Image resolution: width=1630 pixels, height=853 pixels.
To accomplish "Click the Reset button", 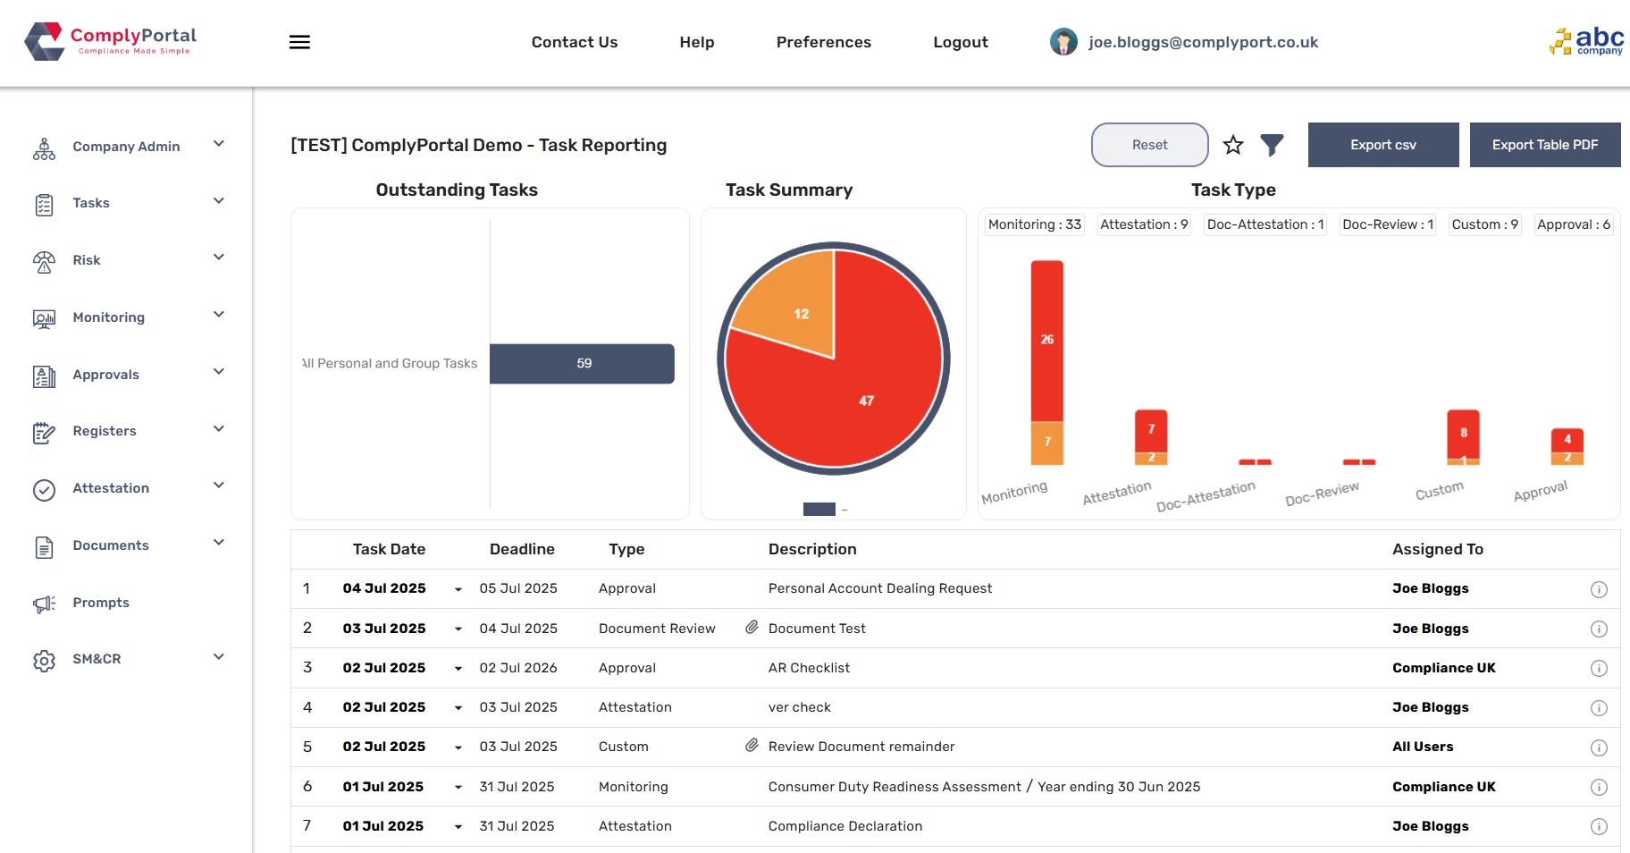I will pos(1149,145).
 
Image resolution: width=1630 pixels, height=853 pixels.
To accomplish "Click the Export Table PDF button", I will pos(1544,145).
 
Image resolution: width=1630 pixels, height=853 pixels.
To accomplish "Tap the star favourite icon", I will pos(1233,145).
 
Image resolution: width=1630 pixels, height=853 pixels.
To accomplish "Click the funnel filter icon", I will pos(1272,145).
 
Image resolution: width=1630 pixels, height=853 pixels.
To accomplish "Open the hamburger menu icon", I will pos(299,42).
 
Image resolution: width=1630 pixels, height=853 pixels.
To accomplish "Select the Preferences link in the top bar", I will pos(823,42).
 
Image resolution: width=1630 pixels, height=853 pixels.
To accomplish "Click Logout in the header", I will pos(960,42).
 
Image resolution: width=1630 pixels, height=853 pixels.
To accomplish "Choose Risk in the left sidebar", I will pos(87,260).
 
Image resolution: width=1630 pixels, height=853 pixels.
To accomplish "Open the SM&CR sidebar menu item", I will pos(97,659).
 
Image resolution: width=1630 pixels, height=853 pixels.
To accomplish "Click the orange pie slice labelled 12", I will pos(791,304).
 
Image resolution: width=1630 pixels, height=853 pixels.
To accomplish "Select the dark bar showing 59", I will pos(582,364).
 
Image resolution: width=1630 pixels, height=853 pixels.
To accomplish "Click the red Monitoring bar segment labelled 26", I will pos(1046,340).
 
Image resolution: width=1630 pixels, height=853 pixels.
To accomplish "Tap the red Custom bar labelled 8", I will pos(1463,432).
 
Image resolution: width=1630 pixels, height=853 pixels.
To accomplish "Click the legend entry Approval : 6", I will pos(1573,224).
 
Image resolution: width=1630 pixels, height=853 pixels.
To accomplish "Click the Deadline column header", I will pos(522,549).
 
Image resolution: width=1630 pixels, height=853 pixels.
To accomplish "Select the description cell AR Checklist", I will pos(809,668).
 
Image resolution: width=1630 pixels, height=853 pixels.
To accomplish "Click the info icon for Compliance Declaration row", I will pos(1599,826).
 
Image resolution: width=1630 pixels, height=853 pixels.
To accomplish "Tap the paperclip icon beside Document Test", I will pos(752,628).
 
